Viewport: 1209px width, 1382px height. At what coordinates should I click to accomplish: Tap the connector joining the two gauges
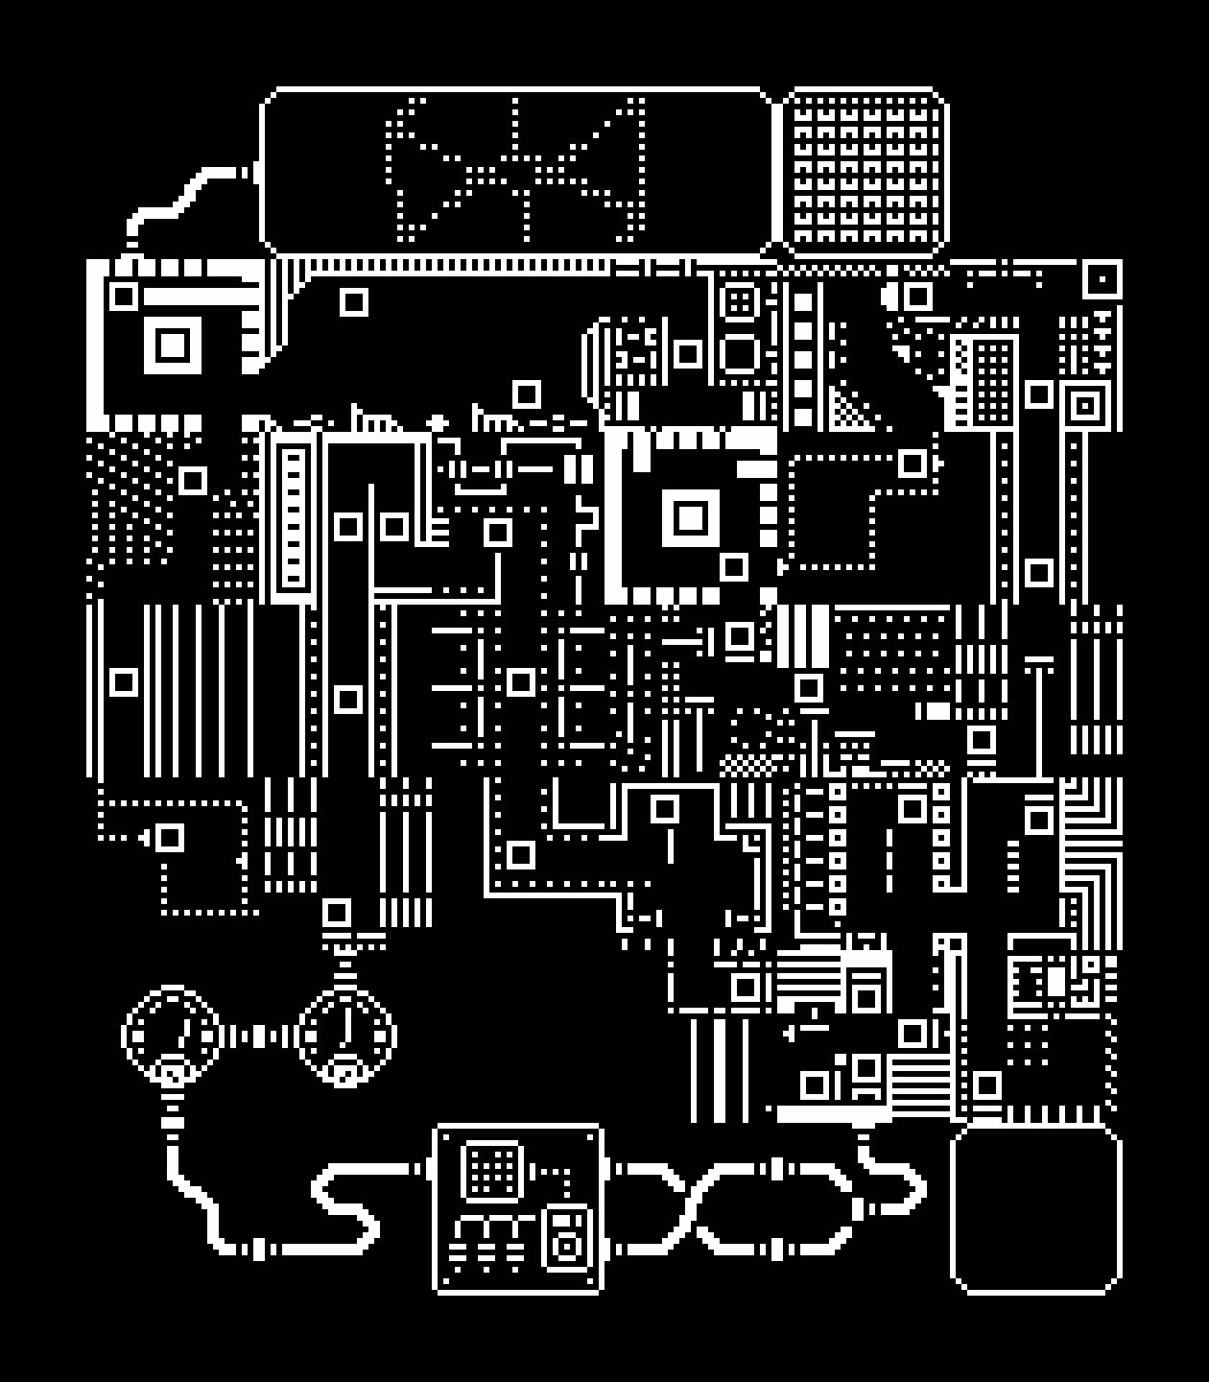click(258, 1036)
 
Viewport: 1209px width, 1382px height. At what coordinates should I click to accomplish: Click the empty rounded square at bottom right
click(1036, 1209)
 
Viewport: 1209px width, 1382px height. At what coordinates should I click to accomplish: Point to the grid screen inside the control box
click(492, 1170)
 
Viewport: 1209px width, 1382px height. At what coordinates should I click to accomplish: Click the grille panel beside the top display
click(865, 172)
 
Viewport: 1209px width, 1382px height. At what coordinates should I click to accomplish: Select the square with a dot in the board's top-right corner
click(1102, 280)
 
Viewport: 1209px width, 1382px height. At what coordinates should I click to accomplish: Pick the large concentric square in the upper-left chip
click(174, 344)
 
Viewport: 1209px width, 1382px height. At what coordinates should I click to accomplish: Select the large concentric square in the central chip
click(689, 518)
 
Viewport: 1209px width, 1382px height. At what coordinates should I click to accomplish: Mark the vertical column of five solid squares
click(802, 360)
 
